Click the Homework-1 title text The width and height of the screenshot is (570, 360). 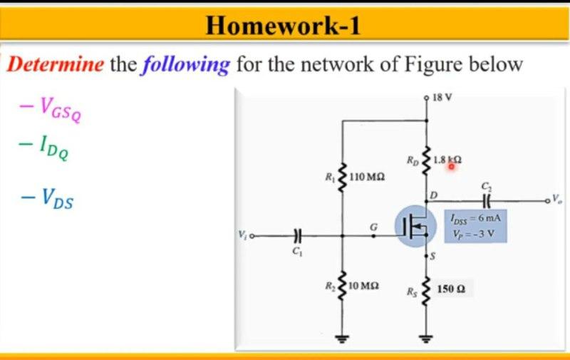tap(283, 26)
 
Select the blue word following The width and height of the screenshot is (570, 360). tap(185, 66)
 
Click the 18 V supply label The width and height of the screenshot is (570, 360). tap(442, 96)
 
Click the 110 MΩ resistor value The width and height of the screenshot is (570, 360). tap(368, 175)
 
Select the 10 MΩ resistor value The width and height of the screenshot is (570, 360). tap(366, 286)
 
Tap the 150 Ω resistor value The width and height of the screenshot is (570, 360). tap(451, 289)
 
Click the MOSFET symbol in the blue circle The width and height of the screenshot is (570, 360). tap(414, 227)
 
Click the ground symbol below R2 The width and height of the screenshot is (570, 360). tap(343, 338)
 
